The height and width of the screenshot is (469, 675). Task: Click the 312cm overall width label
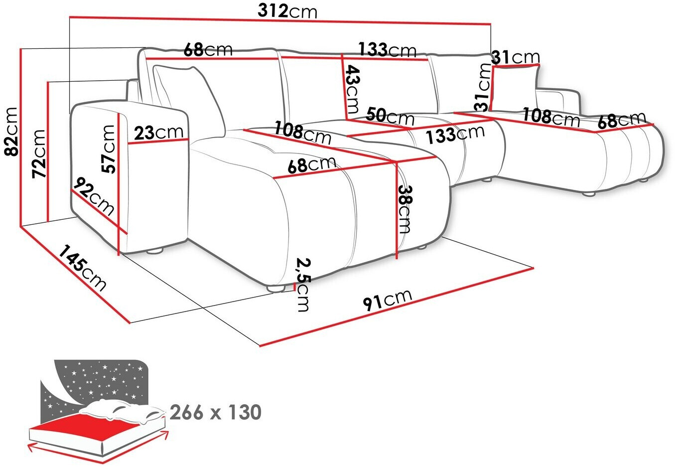pos(287,12)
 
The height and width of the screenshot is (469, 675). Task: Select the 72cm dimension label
pos(39,154)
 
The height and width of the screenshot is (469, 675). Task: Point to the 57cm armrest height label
pos(108,149)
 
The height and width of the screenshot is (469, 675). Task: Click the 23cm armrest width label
pos(158,132)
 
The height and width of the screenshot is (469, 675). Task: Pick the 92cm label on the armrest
pos(94,196)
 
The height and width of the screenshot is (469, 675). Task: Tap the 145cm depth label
pos(82,268)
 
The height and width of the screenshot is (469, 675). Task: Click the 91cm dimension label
pos(388,300)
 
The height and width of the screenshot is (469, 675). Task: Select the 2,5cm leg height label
pos(303,284)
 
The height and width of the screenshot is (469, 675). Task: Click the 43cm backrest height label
pos(352,89)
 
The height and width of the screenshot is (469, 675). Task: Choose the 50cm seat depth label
pos(390,116)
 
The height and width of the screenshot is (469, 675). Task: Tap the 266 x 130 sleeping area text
pos(216,412)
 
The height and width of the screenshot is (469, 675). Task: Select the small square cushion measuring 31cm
pos(515,88)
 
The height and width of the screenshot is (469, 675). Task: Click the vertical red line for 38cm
pos(396,210)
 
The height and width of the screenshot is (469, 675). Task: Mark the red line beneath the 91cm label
pos(397,307)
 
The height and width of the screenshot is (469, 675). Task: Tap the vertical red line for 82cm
pos(20,138)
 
